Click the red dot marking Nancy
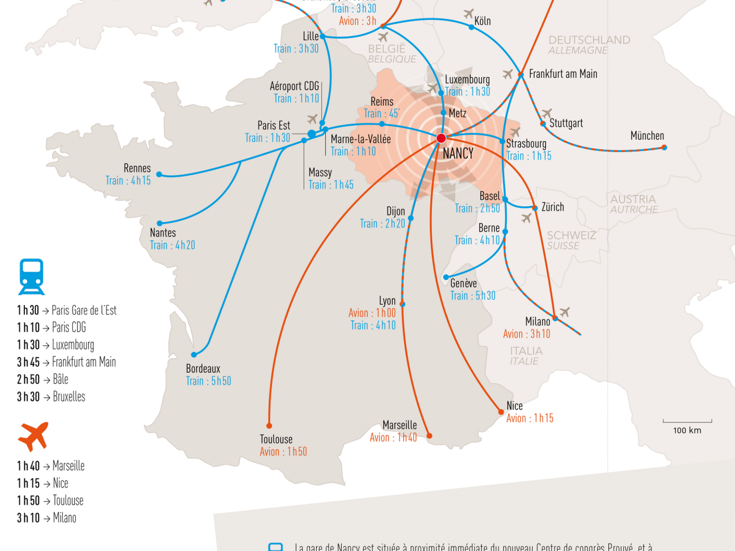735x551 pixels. tap(441, 138)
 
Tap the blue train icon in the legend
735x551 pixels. tap(31, 277)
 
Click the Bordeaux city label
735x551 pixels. tap(203, 368)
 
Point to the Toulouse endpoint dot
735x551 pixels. tap(269, 425)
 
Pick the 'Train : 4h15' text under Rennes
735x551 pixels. tap(128, 181)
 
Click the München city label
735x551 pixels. tap(647, 136)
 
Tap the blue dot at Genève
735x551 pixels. tap(446, 277)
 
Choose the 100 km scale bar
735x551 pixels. tap(687, 421)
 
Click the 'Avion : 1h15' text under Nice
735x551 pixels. tap(530, 418)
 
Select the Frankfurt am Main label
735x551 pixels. tap(563, 74)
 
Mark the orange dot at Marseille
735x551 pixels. tap(430, 436)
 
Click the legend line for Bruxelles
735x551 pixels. tap(51, 397)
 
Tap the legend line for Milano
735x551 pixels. tap(46, 518)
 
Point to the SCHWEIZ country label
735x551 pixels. tap(571, 235)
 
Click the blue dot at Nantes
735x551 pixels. tap(160, 223)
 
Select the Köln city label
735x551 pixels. tap(482, 21)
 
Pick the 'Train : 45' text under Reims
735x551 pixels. tap(381, 114)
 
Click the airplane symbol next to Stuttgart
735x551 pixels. tap(547, 113)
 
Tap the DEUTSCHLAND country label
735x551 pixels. tap(589, 40)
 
